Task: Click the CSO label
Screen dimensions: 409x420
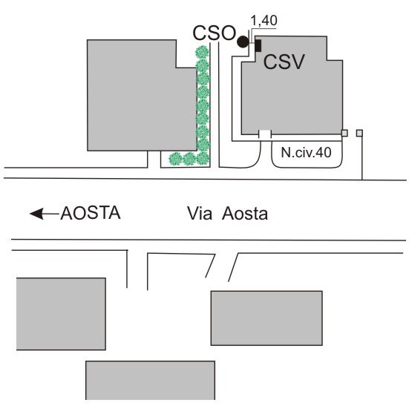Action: click(214, 33)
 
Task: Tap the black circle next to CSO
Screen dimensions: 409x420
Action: click(243, 42)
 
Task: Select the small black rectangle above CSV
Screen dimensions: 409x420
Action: click(258, 45)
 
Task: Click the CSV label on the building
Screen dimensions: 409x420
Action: click(284, 62)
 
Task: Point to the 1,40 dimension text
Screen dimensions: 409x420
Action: click(264, 20)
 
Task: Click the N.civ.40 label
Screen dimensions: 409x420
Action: click(306, 152)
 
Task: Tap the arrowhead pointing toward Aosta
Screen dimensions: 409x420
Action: click(36, 214)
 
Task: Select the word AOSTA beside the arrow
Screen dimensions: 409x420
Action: click(91, 213)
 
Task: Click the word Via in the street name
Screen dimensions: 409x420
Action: click(200, 214)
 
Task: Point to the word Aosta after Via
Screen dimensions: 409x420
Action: click(245, 214)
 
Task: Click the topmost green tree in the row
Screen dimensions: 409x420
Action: click(202, 52)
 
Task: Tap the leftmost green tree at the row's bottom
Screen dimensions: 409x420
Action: click(176, 159)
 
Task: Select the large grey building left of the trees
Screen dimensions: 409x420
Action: click(142, 96)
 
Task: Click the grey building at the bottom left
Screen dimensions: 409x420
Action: click(61, 314)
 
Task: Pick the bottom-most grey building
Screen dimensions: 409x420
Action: click(151, 381)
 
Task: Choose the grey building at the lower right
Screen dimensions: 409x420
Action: click(266, 318)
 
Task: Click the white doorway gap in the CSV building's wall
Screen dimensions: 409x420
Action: click(265, 134)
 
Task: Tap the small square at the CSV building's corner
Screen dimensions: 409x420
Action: click(344, 133)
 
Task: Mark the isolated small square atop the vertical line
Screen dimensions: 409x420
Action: click(359, 133)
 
